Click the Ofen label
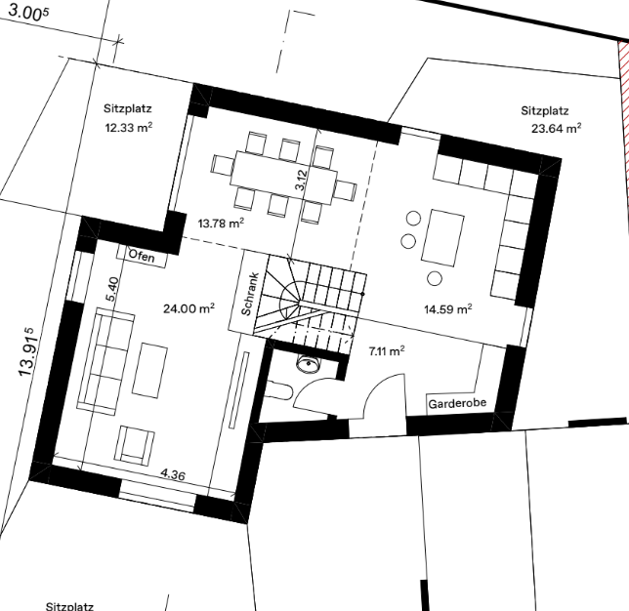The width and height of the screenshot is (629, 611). pyautogui.click(x=142, y=256)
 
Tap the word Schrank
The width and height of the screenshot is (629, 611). pyautogui.click(x=251, y=294)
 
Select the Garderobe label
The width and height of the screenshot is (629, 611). pyautogui.click(x=457, y=403)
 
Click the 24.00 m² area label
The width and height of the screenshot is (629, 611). pyautogui.click(x=189, y=308)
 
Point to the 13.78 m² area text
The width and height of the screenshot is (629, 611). pyautogui.click(x=221, y=223)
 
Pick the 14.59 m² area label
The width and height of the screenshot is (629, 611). pyautogui.click(x=448, y=309)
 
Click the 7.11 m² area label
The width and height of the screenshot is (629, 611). pyautogui.click(x=387, y=351)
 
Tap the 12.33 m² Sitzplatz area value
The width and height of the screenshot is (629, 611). pyautogui.click(x=128, y=128)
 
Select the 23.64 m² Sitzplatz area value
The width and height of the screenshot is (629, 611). pyautogui.click(x=557, y=128)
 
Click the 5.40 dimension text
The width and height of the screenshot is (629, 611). pyautogui.click(x=112, y=289)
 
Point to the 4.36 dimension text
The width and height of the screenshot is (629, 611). pyautogui.click(x=173, y=474)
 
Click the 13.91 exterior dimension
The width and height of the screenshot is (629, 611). pyautogui.click(x=27, y=352)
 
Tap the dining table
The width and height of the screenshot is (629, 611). pyautogui.click(x=283, y=178)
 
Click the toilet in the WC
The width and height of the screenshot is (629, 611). pyautogui.click(x=278, y=388)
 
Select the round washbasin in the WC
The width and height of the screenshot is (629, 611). pyautogui.click(x=308, y=364)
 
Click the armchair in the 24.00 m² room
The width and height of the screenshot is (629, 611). pyautogui.click(x=134, y=445)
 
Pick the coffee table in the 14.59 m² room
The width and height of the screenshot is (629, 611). pyautogui.click(x=442, y=237)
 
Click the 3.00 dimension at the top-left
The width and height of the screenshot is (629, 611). pyautogui.click(x=28, y=14)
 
